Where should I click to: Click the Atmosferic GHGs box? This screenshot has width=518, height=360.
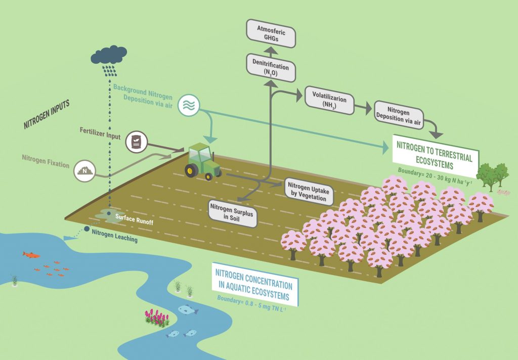271,32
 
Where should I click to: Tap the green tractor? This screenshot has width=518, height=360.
201,160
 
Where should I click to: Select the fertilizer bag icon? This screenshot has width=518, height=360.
136,142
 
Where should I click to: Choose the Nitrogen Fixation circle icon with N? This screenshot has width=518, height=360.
84,171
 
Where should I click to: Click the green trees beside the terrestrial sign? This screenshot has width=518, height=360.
493,176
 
